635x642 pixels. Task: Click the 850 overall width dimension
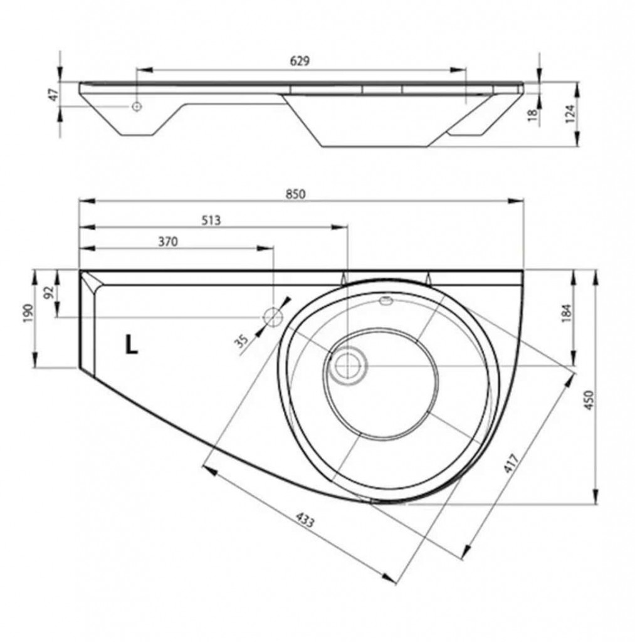point(296,194)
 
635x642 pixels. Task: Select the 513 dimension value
point(211,220)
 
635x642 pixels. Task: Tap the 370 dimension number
point(168,241)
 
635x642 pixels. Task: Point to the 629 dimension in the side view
point(300,61)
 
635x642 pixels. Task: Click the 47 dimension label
point(54,95)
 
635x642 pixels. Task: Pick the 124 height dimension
point(570,114)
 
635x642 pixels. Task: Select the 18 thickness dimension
point(532,115)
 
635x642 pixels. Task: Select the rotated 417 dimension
point(512,463)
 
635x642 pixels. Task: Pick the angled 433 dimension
point(305,521)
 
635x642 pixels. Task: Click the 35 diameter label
point(243,340)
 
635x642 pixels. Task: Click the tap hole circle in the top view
point(273,317)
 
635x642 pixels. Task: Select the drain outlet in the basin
point(349,365)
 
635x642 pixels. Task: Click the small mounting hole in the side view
point(137,107)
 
